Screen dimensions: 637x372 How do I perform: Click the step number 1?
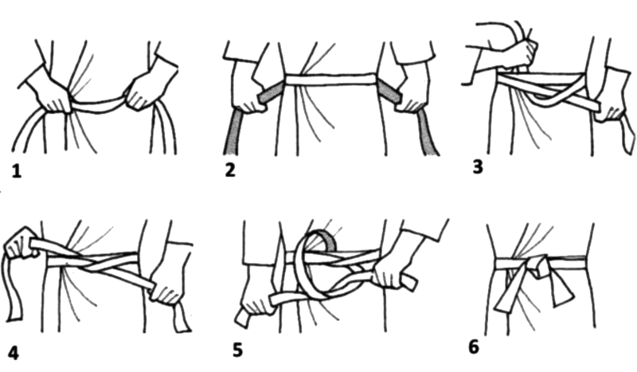(16, 171)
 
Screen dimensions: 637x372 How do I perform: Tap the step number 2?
(230, 170)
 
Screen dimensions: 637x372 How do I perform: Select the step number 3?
(479, 166)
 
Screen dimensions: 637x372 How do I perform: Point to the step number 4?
(14, 353)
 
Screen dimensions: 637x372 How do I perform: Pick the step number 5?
(238, 350)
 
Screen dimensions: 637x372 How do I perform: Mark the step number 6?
(474, 347)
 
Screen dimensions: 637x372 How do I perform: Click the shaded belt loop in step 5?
(325, 239)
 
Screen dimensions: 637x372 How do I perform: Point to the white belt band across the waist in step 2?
(330, 80)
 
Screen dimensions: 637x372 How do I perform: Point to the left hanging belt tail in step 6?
(508, 292)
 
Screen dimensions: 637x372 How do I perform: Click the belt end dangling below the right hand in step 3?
(627, 134)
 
